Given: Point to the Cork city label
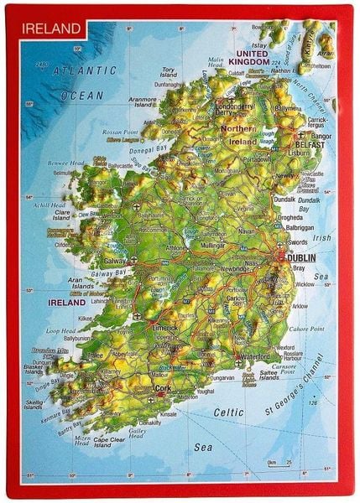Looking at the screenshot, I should tap(162, 389).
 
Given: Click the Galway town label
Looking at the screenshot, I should tap(116, 261).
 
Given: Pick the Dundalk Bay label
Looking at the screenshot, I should tap(308, 201).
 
